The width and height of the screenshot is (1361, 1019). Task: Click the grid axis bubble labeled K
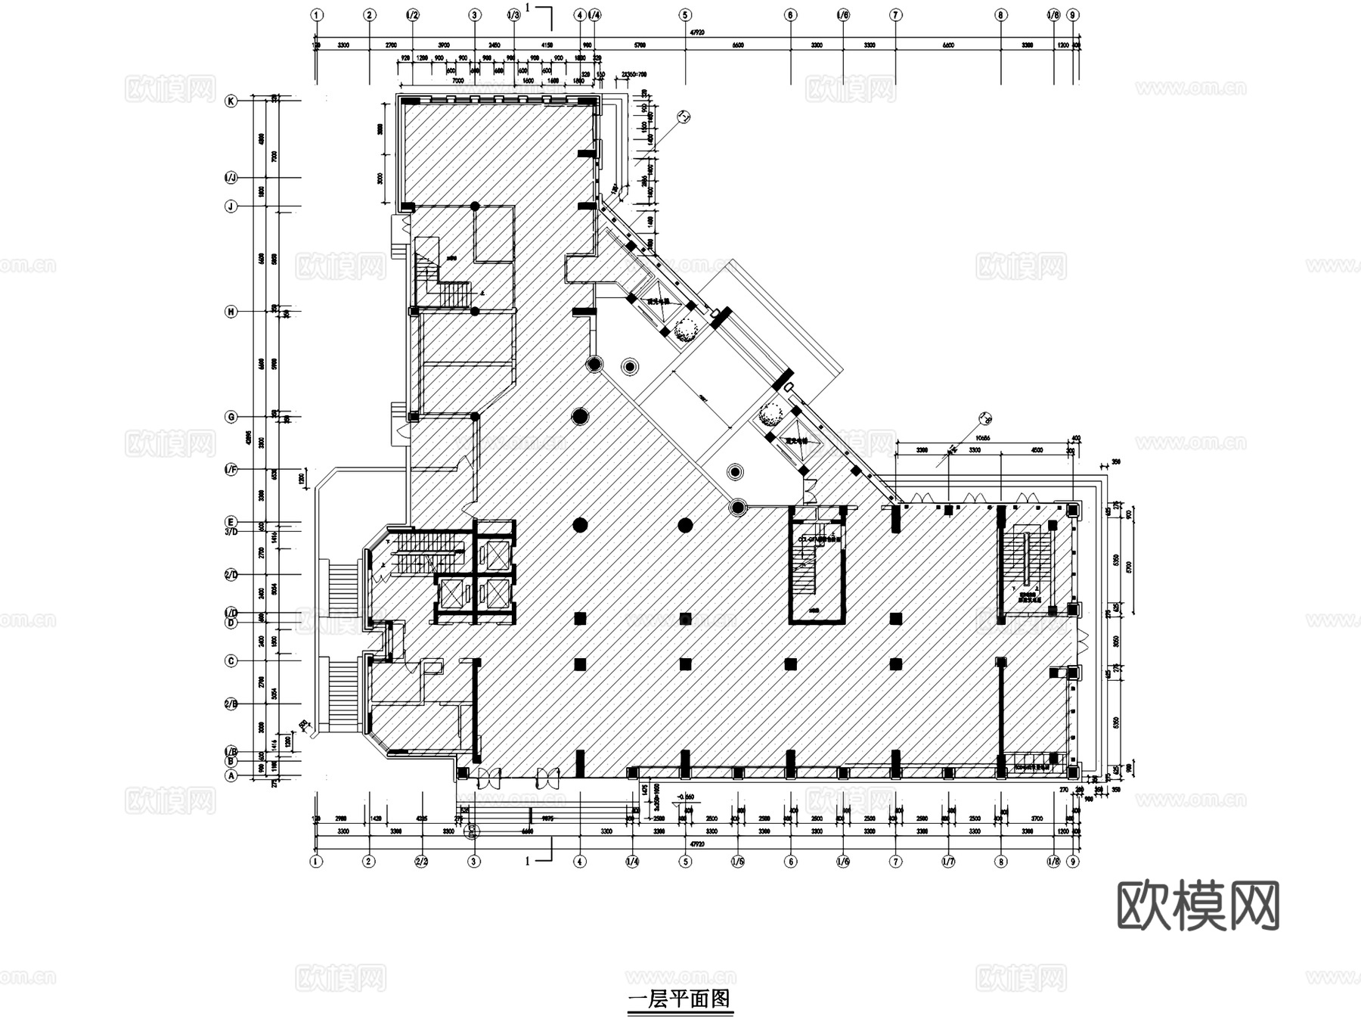(231, 101)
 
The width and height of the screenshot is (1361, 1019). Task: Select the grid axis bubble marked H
(231, 312)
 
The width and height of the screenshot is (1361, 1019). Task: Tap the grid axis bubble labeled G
(231, 417)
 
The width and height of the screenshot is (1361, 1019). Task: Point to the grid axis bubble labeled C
(231, 660)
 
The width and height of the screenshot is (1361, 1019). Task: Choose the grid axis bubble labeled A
(231, 775)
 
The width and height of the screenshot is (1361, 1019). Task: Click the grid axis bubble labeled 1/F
(231, 470)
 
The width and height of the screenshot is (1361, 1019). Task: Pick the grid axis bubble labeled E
(231, 522)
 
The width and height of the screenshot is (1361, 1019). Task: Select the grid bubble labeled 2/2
(422, 861)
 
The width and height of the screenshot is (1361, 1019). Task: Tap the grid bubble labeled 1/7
(948, 861)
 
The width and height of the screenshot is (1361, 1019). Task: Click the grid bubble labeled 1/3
(513, 14)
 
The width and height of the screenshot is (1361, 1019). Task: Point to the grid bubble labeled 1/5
(738, 861)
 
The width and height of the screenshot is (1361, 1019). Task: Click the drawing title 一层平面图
(680, 999)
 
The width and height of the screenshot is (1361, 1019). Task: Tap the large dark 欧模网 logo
(1198, 905)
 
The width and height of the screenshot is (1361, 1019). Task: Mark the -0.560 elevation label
(687, 797)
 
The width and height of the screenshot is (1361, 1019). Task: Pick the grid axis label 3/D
(231, 531)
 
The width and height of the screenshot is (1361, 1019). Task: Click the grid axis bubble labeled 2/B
(231, 704)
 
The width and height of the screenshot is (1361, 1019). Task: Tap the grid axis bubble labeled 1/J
(231, 178)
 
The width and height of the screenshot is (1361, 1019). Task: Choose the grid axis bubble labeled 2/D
(231, 575)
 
